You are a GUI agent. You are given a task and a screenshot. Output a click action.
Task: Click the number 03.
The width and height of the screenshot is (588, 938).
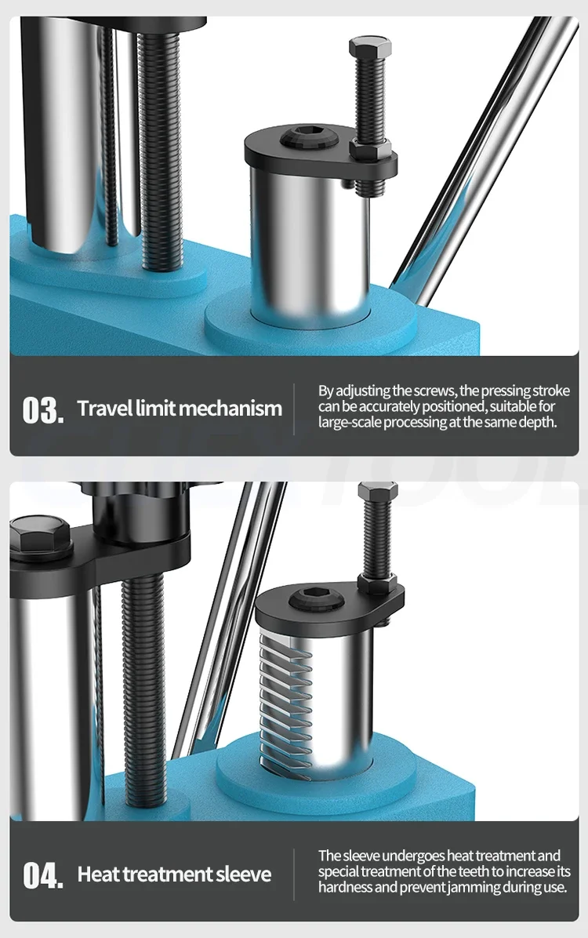(x=42, y=409)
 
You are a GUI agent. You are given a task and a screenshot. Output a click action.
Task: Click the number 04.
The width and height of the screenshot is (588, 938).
(x=42, y=875)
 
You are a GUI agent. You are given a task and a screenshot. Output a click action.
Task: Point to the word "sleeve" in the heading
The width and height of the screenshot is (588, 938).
(x=244, y=874)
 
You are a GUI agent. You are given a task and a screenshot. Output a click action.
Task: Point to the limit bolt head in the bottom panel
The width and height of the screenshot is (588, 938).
(x=377, y=493)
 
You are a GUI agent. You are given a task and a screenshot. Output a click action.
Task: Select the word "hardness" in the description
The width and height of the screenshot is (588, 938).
(x=344, y=886)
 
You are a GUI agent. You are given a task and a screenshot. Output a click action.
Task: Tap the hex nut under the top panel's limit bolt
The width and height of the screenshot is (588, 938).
(x=370, y=150)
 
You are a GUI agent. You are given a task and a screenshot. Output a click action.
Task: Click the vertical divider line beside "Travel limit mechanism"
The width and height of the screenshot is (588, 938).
(x=294, y=409)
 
